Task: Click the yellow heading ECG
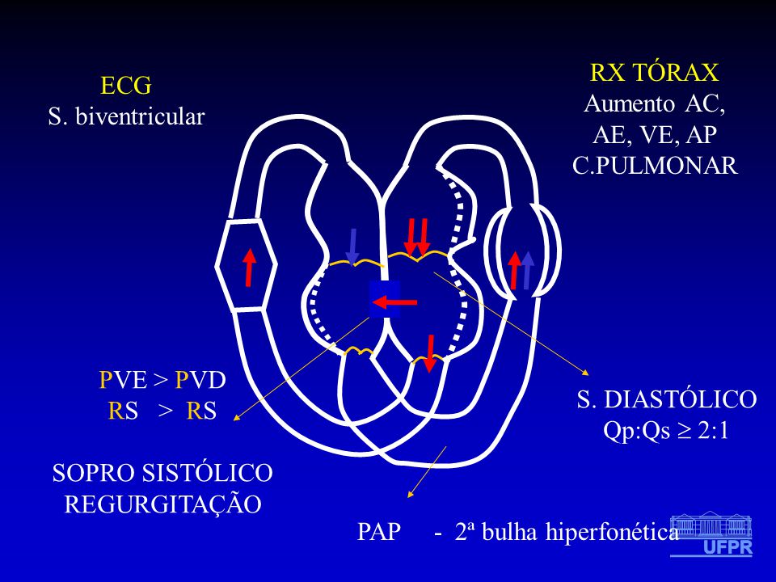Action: [126, 86]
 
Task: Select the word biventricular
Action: [140, 116]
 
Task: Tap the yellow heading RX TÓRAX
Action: [654, 72]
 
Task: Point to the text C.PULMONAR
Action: [656, 165]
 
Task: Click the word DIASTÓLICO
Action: [681, 399]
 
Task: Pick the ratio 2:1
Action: [713, 431]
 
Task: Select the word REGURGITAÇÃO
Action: [162, 504]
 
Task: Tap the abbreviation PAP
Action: [379, 532]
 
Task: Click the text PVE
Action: [123, 380]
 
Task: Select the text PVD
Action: [201, 380]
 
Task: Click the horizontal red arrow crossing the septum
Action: [394, 302]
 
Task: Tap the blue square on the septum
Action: [385, 298]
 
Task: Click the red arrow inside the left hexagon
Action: [250, 268]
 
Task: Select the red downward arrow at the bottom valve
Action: [430, 353]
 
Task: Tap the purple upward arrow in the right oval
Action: [528, 270]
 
